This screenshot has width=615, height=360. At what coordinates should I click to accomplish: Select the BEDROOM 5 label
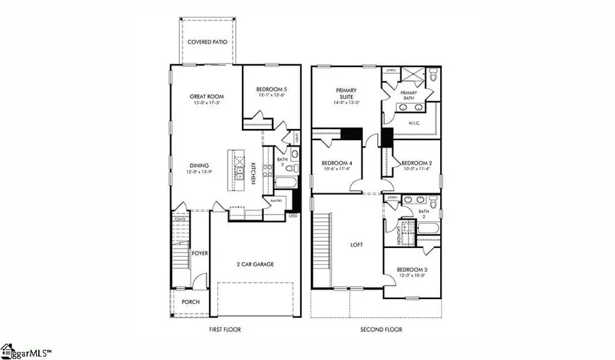271,89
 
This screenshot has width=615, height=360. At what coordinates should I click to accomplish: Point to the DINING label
199,165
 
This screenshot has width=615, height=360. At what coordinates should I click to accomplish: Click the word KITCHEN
253,171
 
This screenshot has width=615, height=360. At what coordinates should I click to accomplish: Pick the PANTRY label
276,202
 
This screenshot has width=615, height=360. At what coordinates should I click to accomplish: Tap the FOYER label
200,253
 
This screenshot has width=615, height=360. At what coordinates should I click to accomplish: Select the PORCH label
191,302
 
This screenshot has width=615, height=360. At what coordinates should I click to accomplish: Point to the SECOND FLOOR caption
381,329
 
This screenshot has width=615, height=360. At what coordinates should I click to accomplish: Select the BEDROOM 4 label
337,163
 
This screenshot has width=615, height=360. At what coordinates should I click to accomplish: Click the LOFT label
356,245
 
